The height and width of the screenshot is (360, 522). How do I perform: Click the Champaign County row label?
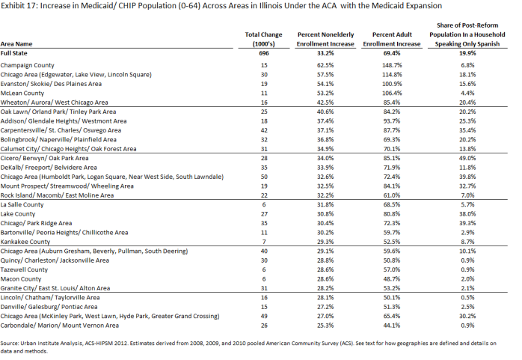click(x=28, y=65)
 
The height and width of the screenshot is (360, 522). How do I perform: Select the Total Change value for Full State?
click(x=264, y=53)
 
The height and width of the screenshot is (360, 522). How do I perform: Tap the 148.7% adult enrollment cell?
click(x=392, y=65)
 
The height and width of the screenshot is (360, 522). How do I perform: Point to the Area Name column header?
click(x=16, y=44)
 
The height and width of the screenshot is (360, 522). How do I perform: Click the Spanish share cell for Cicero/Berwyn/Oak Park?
click(x=467, y=158)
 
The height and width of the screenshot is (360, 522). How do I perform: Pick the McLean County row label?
click(x=22, y=94)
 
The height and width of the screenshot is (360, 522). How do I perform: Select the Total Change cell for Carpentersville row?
click(x=264, y=130)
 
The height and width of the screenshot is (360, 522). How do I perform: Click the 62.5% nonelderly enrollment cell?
click(x=325, y=65)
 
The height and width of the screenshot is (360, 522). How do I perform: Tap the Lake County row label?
click(x=18, y=214)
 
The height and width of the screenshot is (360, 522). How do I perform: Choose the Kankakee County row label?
click(x=25, y=242)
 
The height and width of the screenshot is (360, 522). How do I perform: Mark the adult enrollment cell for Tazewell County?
click(x=392, y=269)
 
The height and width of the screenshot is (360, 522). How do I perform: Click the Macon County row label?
click(x=21, y=279)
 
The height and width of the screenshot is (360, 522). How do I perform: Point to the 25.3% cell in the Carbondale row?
click(x=325, y=326)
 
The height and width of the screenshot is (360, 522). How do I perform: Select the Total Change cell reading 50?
click(x=264, y=177)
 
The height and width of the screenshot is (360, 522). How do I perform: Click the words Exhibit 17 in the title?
click(x=19, y=6)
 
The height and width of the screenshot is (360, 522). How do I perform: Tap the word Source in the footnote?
click(x=9, y=344)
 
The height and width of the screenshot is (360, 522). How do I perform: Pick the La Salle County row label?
click(x=22, y=204)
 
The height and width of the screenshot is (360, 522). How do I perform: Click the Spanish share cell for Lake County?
click(x=467, y=214)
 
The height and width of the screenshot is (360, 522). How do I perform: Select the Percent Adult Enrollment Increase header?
click(x=392, y=40)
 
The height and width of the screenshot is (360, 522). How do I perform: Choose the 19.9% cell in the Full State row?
click(x=467, y=53)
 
